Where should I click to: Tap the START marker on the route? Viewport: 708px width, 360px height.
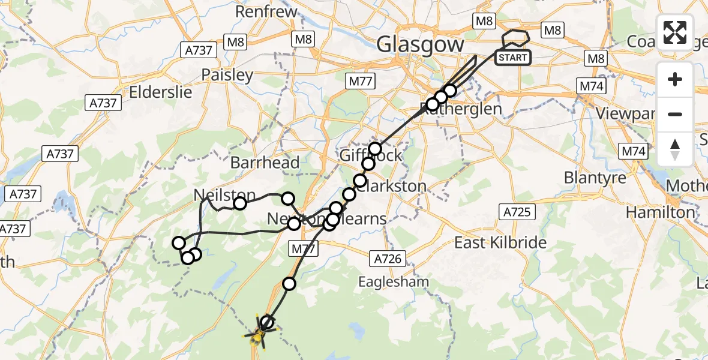click(513, 58)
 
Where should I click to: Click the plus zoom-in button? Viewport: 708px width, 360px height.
click(675, 79)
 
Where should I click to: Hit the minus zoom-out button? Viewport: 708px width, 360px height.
click(675, 114)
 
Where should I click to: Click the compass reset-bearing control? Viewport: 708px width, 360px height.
click(675, 149)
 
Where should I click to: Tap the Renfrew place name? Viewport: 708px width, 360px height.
click(266, 11)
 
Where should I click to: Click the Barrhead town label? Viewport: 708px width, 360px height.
click(265, 162)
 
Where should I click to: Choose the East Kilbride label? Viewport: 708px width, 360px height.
click(500, 242)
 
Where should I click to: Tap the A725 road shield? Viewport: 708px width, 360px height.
click(515, 211)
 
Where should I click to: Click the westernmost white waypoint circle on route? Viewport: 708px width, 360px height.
click(179, 242)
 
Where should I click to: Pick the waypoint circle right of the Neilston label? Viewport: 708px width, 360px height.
click(288, 199)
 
